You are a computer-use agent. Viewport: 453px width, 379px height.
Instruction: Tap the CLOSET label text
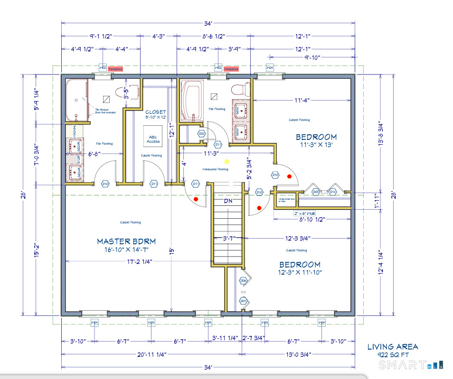pyautogui.click(x=156, y=112)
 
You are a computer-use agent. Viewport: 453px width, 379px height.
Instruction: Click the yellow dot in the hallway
pyautogui.click(x=226, y=161)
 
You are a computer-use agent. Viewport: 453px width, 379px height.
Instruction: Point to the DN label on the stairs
pyautogui.click(x=228, y=201)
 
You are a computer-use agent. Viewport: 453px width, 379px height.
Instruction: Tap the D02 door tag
pyautogui.click(x=202, y=134)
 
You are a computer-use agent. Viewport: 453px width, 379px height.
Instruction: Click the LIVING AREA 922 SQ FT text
pyautogui.click(x=392, y=351)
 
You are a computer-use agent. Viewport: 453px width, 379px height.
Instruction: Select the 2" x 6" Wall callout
pyautogui.click(x=304, y=213)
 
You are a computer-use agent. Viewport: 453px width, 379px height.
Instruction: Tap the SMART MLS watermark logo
pyautogui.click(x=411, y=364)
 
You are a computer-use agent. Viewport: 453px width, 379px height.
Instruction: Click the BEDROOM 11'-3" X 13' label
pyautogui.click(x=316, y=141)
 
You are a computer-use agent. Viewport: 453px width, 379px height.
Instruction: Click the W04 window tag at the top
pyautogui.click(x=270, y=68)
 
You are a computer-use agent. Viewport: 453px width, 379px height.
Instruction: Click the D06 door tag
pyautogui.click(x=243, y=281)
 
